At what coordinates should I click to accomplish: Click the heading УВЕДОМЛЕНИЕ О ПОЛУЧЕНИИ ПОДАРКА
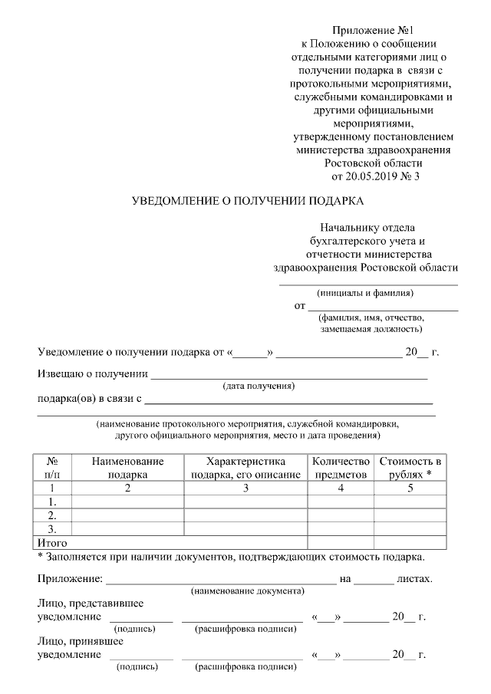(247, 202)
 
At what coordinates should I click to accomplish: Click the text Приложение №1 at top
(374, 30)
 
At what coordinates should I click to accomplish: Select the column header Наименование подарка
(127, 468)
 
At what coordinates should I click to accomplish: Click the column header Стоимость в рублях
(410, 468)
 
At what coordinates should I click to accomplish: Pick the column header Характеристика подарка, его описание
(245, 468)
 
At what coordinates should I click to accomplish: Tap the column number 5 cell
(410, 488)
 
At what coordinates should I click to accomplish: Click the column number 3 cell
(245, 488)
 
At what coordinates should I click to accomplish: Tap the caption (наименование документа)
(247, 590)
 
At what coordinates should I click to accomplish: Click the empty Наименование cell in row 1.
(127, 502)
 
